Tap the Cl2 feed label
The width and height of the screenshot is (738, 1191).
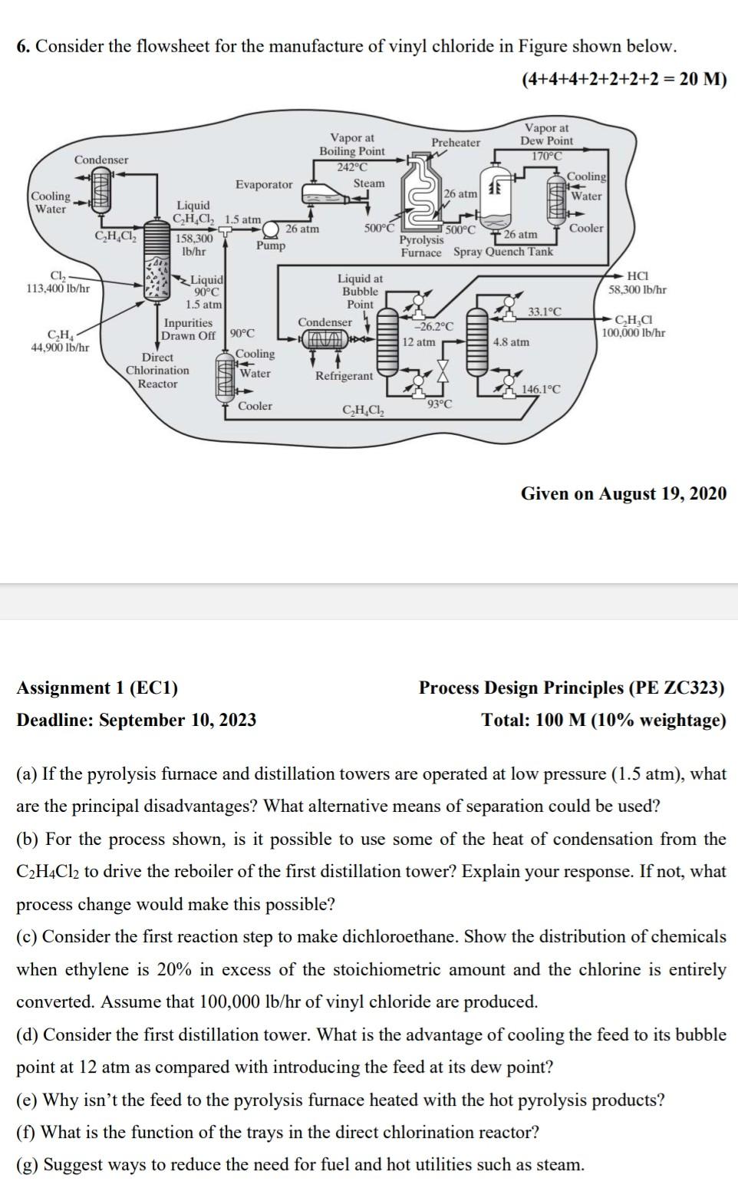pos(58,276)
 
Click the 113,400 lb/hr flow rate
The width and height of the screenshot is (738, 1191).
pos(58,289)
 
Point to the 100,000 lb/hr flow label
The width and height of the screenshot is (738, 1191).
pos(633,333)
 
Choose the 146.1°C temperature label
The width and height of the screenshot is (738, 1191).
pos(541,389)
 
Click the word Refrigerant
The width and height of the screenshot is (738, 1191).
pos(344,376)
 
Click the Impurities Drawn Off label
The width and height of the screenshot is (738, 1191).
pos(189,329)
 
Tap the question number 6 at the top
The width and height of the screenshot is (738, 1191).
pos(23,47)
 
